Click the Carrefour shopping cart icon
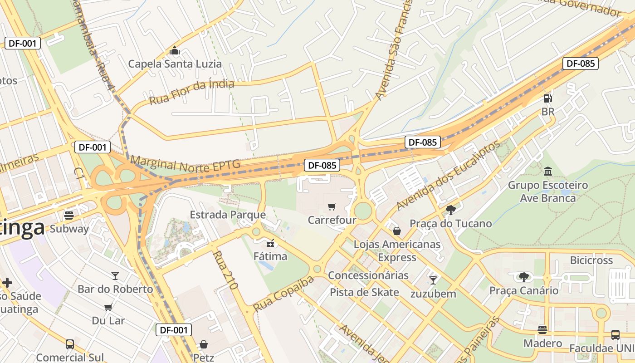coord(332,207)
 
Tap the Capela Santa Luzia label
coord(175,64)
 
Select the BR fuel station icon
coord(548,98)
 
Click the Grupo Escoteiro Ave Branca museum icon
coord(548,172)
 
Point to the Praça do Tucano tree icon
coord(451,210)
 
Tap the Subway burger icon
coord(69,215)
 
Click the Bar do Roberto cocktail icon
coord(115,275)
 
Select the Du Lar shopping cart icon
coord(108,307)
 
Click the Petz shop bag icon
coord(204,344)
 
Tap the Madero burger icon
coord(542,329)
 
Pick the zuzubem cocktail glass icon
coord(433,280)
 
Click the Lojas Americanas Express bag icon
coord(397,231)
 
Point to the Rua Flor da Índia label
coord(191,92)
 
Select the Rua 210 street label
coord(225,270)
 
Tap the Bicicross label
coord(591,260)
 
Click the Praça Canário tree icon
coord(524,276)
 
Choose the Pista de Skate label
coord(364,292)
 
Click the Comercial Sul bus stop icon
coord(70,344)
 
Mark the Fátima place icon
coord(270,243)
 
